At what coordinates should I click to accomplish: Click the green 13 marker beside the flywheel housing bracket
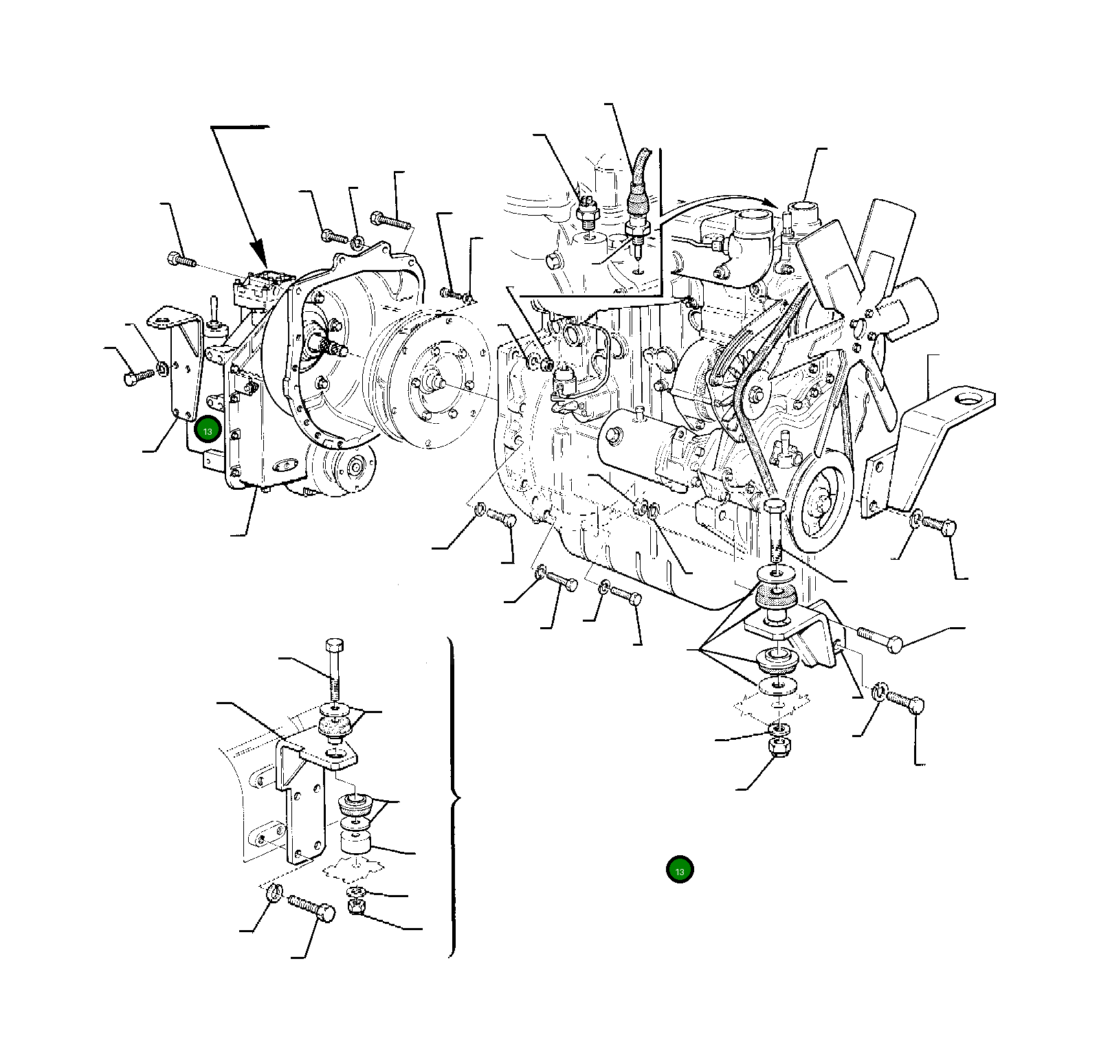(208, 430)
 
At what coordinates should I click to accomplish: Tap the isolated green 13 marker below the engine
(680, 870)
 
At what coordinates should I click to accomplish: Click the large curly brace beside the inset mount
(453, 797)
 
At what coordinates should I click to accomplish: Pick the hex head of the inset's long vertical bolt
(335, 646)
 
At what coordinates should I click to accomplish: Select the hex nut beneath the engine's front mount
(779, 746)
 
